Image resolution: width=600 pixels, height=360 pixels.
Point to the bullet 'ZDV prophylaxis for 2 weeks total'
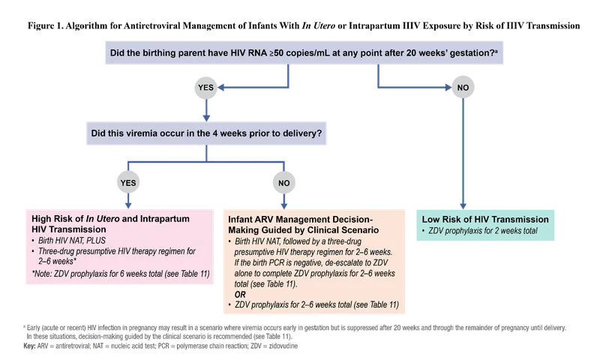pyautogui.click(x=484, y=231)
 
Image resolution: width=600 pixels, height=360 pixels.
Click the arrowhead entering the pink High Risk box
pyautogui.click(x=127, y=204)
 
